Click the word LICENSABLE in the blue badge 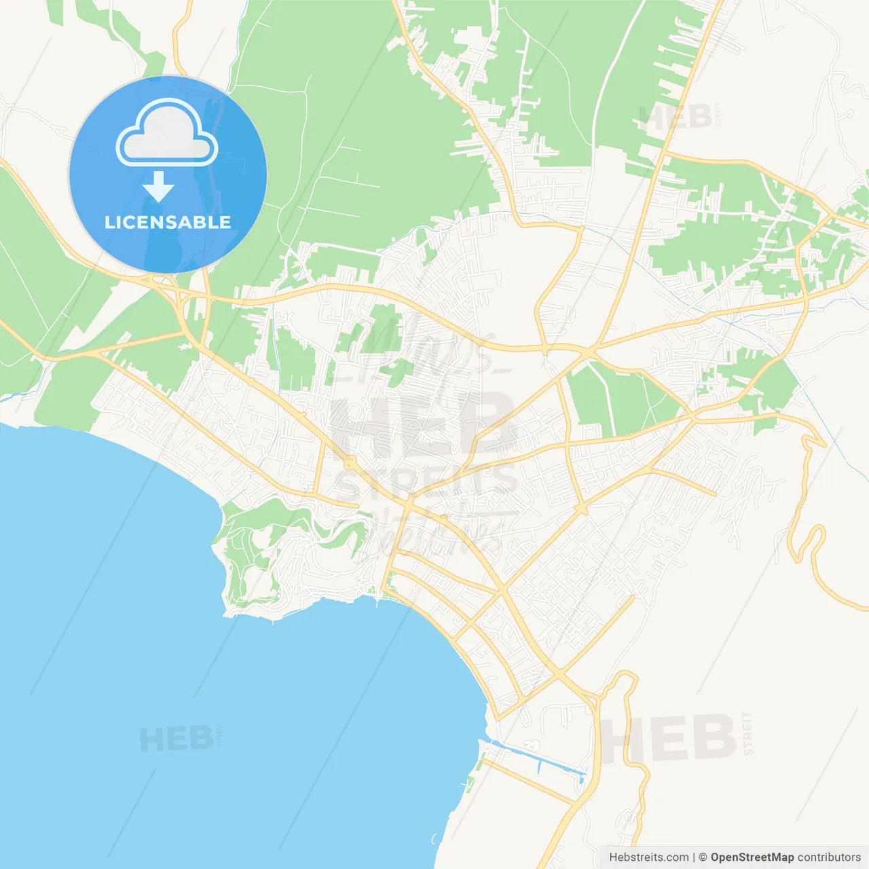(x=168, y=222)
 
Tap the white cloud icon (x=167, y=134)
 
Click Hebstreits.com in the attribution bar (x=648, y=857)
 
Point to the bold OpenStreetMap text (x=752, y=857)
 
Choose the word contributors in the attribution (x=829, y=857)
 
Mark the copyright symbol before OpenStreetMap (x=703, y=857)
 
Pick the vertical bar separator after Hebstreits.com (x=694, y=857)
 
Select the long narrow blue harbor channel (x=536, y=756)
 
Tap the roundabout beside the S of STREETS (x=350, y=463)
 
